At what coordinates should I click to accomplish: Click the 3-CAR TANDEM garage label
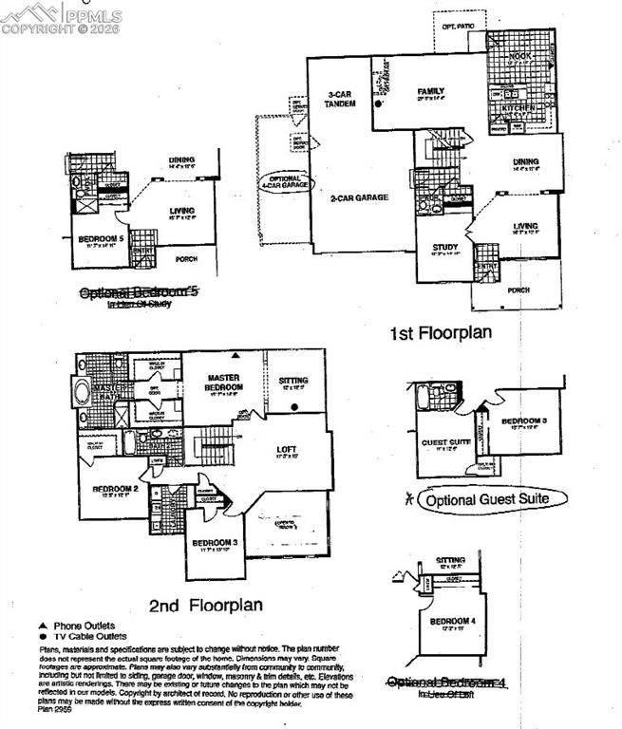(341, 100)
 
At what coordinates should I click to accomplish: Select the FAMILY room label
(431, 92)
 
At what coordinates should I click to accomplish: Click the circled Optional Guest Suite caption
(492, 498)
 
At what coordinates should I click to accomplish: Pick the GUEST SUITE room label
(441, 442)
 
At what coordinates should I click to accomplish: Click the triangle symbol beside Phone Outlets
(42, 626)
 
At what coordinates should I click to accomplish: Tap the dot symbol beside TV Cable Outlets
(42, 636)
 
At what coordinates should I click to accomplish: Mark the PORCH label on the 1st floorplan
(518, 290)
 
